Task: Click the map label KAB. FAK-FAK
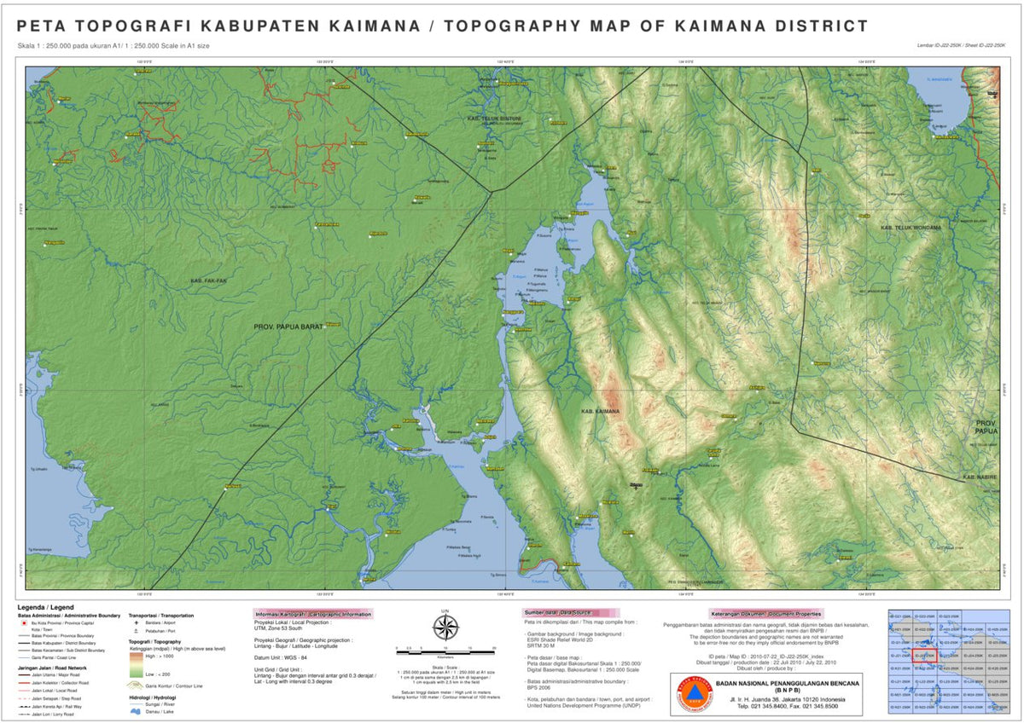[x=207, y=281]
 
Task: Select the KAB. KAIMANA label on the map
[x=599, y=412]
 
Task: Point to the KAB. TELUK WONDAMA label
[x=911, y=228]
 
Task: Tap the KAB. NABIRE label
[x=980, y=477]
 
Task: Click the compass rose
[x=445, y=628]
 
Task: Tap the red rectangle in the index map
[x=925, y=656]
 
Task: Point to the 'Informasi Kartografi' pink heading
[x=313, y=614]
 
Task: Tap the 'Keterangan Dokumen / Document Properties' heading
[x=765, y=613]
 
